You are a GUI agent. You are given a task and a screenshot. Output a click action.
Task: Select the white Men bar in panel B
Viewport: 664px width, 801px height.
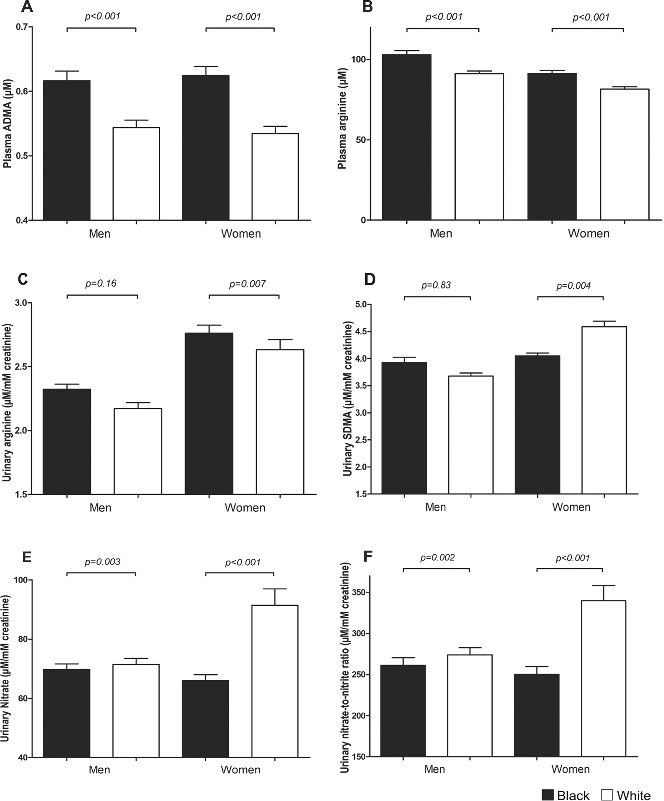tap(479, 146)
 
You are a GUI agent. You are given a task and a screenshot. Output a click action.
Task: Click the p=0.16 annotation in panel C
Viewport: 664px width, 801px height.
tap(101, 284)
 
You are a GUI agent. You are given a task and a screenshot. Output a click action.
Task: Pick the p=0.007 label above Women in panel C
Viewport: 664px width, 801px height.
tap(247, 284)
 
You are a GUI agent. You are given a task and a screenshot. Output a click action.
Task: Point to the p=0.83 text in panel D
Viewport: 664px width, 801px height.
tap(436, 285)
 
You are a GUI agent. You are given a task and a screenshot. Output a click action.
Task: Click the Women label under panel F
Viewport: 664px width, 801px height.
tap(570, 769)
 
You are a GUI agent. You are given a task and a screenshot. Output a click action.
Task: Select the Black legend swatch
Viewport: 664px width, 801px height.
tap(547, 795)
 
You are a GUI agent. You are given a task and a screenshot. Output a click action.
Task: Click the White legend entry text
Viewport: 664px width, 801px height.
tap(634, 795)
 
